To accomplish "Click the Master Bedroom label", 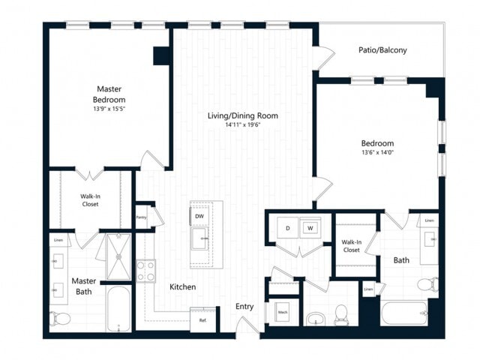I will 109,94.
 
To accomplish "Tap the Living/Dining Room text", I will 243,115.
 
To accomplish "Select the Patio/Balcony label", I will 382,50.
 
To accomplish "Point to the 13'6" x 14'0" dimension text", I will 378,152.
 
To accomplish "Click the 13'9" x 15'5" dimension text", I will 109,109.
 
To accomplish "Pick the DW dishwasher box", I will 199,216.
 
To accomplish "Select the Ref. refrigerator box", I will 202,319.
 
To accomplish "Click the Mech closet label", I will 283,312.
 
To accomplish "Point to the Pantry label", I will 141,217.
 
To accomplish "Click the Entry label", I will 244,306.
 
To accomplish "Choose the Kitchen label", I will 182,286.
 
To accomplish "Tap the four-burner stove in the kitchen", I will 145,271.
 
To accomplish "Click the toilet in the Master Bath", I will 61,319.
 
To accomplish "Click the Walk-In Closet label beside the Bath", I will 351,246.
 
